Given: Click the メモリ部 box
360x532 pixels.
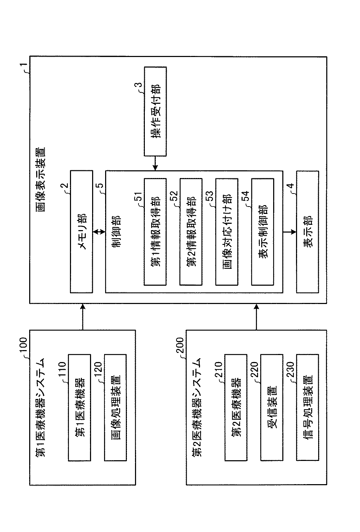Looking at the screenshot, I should [82, 232].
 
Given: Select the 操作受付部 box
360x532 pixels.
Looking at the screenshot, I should [155, 111].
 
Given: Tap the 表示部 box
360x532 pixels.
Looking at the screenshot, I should [308, 232].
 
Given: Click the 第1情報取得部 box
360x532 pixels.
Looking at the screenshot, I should [155, 232].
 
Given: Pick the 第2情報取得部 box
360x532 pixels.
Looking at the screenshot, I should [191, 232].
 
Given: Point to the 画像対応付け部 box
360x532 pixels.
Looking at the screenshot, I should [227, 232].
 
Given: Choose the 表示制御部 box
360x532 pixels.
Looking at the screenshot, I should [263, 232].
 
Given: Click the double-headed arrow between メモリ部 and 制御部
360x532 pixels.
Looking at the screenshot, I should [99, 232].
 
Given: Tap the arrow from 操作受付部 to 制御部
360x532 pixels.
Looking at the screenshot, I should [155, 163].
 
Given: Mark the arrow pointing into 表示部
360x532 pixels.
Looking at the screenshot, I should [290, 232].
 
